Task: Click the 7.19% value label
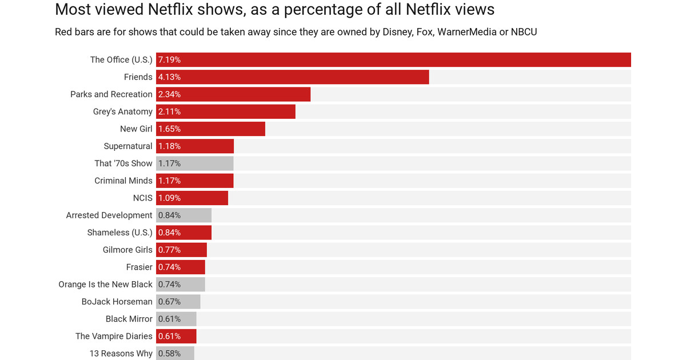coord(169,60)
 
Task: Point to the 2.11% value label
coord(169,111)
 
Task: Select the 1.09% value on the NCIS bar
coord(169,198)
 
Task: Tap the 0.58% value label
coord(169,354)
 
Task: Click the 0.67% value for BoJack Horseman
coord(169,302)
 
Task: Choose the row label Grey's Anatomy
coord(122,111)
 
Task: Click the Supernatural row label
coord(128,146)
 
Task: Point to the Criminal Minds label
coord(123,181)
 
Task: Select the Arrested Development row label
coord(109,215)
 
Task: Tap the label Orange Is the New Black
coord(105,285)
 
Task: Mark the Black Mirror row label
coord(129,319)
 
